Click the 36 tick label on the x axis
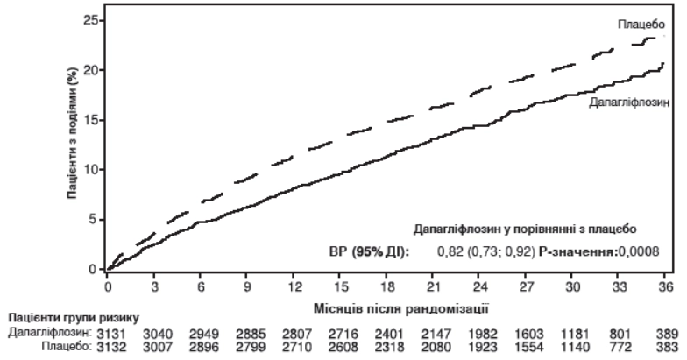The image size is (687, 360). point(665,286)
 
